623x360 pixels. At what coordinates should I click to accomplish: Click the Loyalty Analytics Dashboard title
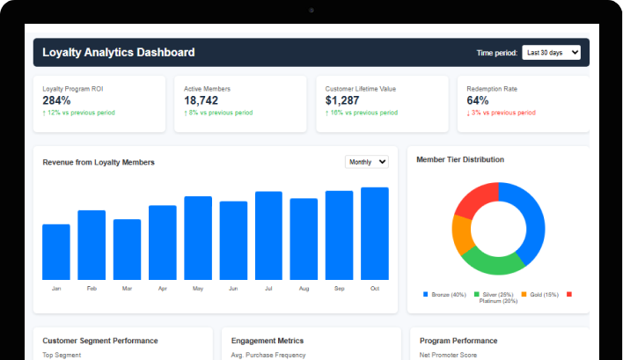tap(119, 53)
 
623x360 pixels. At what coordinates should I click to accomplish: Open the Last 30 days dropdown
tap(551, 53)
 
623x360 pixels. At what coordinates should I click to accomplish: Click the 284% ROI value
tap(56, 100)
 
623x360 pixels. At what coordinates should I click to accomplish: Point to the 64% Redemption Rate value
tap(478, 100)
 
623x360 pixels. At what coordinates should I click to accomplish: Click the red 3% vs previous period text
tap(502, 113)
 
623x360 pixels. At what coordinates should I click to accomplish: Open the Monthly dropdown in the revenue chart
tap(367, 162)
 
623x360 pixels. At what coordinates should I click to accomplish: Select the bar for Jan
tap(56, 252)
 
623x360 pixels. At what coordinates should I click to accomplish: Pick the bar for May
tap(198, 238)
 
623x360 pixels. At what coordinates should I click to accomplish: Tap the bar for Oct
tap(375, 233)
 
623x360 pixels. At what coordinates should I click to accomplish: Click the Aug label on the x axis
tap(304, 289)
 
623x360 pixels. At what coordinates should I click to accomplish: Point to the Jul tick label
tap(268, 289)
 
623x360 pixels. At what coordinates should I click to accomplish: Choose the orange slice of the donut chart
tap(461, 234)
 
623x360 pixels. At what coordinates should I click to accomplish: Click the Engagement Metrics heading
tap(268, 341)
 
